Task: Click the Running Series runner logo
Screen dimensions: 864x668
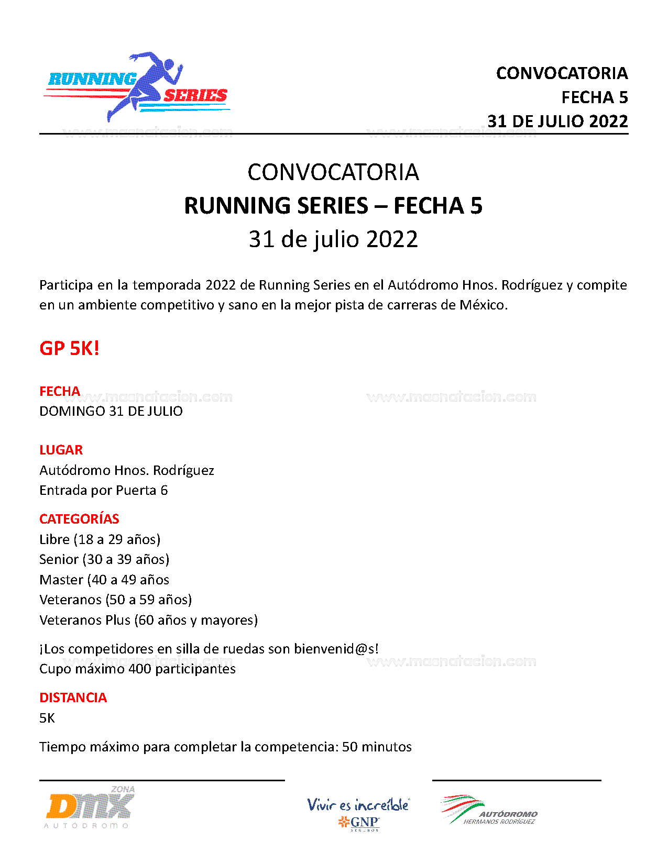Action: pos(137,87)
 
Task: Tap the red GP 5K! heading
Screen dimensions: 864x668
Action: pos(69,348)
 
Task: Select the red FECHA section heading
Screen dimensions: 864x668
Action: pos(60,391)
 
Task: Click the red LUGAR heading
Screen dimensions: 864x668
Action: pos(61,450)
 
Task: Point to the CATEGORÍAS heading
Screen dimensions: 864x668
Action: pos(79,519)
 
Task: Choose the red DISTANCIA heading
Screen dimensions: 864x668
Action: pos(73,697)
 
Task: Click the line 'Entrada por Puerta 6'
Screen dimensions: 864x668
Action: pos(103,490)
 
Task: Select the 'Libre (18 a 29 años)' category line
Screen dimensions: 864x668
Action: pos(100,539)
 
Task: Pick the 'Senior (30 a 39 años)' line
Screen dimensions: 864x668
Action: pos(104,559)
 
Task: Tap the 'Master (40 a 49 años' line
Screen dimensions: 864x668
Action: pos(104,580)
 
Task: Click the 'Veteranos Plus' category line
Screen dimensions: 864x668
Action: pos(148,620)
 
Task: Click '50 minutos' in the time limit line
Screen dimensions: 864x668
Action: pos(377,747)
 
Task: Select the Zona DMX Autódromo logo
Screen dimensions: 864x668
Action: pos(90,807)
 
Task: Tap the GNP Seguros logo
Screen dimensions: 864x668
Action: pos(359,814)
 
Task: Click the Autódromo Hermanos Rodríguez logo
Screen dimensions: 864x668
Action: pos(489,811)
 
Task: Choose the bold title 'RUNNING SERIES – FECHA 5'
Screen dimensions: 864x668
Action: pos(333,206)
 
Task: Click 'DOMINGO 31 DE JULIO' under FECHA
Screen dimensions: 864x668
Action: pos(111,411)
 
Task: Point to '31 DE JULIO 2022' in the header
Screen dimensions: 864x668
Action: pos(557,121)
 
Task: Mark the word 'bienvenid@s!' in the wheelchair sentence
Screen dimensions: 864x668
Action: pos(336,649)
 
